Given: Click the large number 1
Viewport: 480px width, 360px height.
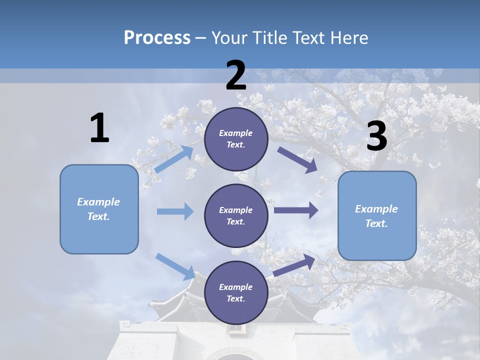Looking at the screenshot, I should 99,128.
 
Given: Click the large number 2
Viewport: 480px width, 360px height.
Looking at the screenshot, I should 236,75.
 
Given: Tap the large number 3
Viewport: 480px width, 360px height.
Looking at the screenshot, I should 376,137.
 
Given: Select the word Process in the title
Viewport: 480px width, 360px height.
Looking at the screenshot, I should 157,37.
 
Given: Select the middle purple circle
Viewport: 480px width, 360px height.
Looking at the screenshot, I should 236,215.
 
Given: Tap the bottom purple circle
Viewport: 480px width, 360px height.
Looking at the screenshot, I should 236,293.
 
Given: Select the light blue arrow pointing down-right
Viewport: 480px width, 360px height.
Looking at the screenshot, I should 175,266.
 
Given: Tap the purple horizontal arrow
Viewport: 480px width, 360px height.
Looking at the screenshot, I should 296,210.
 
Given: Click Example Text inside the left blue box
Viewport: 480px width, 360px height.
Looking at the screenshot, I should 98,209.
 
